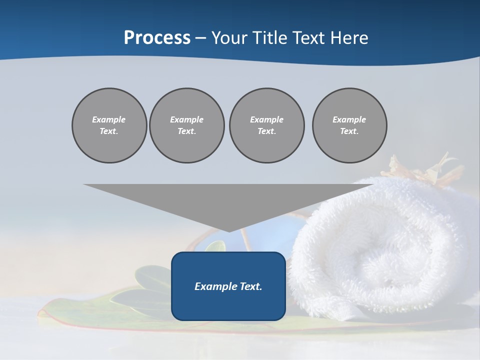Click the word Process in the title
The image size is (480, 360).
[x=157, y=38]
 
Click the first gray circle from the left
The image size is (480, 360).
[x=109, y=125]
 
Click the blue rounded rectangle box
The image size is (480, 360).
[x=228, y=305]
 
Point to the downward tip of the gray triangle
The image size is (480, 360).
[x=228, y=230]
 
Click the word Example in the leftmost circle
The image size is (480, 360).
[x=109, y=119]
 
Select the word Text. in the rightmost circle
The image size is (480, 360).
[x=349, y=131]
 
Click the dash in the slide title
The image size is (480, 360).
[x=201, y=38]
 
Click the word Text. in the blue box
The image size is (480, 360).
[x=250, y=286]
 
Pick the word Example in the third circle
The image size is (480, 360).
[x=266, y=119]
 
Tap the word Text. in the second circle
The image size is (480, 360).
[x=187, y=131]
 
